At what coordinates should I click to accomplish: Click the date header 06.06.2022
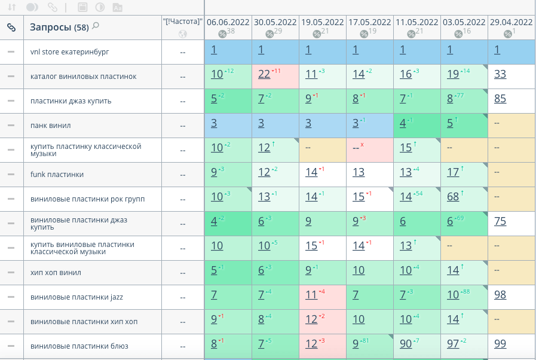pos(228,22)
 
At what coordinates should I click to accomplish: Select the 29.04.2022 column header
pos(511,22)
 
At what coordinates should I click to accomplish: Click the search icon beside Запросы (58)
pos(96,26)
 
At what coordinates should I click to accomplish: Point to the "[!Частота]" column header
pos(183,22)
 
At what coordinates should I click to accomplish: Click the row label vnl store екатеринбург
pos(69,52)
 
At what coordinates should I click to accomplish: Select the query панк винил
pos(51,126)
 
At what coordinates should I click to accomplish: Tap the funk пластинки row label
pos(57,175)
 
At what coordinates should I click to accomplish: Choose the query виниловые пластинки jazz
pos(76,297)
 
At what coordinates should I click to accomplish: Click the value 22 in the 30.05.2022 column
pos(264,74)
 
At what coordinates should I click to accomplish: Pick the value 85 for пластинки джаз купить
pos(500,99)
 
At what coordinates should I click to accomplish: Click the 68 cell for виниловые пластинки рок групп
pos(453,197)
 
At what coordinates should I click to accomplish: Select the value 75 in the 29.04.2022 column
pos(500,221)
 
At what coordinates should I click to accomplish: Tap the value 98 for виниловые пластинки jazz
pos(500,295)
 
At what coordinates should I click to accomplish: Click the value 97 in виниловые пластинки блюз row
pos(453,344)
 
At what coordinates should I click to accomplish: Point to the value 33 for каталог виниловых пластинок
pos(500,74)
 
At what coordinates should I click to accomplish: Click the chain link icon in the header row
pos(11,27)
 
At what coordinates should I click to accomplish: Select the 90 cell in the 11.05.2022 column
pos(406,344)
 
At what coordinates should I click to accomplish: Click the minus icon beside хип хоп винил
pos(11,273)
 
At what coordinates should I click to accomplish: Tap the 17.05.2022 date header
pos(370,22)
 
